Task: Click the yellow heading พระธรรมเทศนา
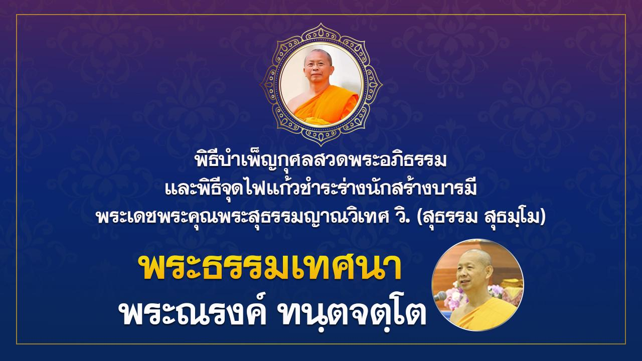tap(269, 268)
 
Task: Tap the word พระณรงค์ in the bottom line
tap(193, 311)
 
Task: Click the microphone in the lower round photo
tap(440, 296)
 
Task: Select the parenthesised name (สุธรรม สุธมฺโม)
tap(481, 218)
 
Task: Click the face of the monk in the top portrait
tap(318, 68)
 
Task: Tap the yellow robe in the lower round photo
tap(485, 315)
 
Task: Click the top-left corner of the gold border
tap(17, 15)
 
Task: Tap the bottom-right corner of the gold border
tap(625, 343)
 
